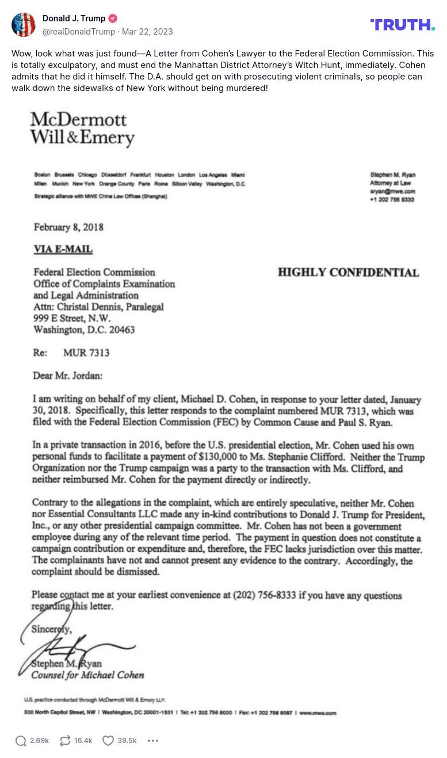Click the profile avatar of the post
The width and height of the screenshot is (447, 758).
click(x=24, y=25)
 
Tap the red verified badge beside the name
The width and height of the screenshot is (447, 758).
click(x=113, y=18)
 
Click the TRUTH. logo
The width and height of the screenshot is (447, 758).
click(x=402, y=24)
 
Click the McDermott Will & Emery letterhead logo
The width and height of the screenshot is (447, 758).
click(x=82, y=128)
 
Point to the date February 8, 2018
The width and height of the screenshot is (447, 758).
click(x=68, y=227)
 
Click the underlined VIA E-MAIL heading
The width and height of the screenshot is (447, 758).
click(x=63, y=249)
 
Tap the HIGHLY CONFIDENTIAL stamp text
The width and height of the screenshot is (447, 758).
click(x=348, y=272)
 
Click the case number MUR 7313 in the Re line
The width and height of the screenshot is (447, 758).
click(x=86, y=353)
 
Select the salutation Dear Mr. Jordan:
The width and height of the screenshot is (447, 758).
click(x=68, y=376)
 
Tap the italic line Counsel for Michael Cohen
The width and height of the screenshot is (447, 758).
click(x=87, y=675)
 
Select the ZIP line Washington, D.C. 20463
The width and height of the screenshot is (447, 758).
click(x=84, y=330)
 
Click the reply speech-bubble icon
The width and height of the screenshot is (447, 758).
click(x=21, y=741)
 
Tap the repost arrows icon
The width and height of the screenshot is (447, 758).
click(x=65, y=741)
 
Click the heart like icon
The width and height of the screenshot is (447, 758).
click(x=108, y=741)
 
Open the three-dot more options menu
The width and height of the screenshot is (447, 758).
click(x=153, y=741)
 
